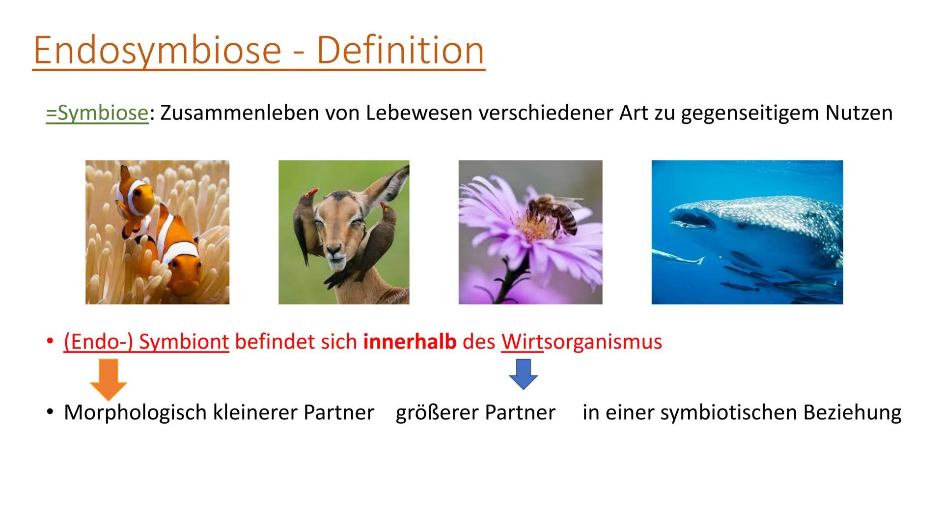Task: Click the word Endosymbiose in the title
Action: [157, 50]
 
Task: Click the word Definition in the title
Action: [400, 50]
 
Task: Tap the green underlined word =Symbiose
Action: [97, 113]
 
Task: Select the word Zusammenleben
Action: [239, 113]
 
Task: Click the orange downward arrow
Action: [108, 379]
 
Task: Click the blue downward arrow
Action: [523, 374]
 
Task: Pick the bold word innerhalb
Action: [410, 342]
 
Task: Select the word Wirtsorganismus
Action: [582, 342]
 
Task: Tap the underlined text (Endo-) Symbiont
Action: [146, 342]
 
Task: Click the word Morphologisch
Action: [135, 413]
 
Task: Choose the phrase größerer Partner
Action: [475, 413]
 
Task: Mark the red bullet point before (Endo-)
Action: [49, 341]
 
